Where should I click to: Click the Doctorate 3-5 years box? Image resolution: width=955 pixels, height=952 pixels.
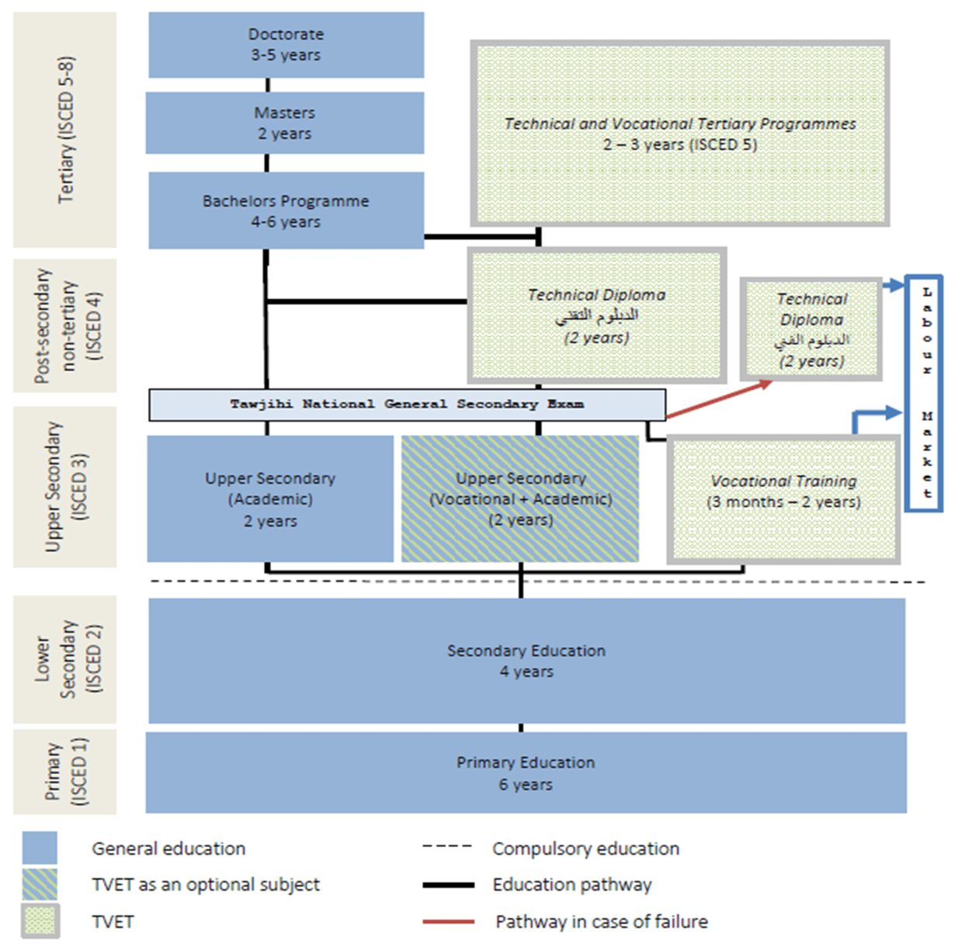[286, 45]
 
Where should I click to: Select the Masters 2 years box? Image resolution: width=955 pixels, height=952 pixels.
[285, 123]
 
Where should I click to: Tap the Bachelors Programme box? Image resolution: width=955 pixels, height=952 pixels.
[286, 210]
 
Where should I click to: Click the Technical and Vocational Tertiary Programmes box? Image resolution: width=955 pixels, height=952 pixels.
[679, 134]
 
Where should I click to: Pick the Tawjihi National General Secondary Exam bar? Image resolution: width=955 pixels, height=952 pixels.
[407, 405]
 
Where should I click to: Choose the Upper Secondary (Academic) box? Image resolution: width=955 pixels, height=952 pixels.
[270, 499]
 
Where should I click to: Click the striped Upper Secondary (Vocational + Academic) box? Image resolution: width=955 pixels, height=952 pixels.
[520, 499]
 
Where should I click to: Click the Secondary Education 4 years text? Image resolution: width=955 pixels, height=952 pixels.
[526, 661]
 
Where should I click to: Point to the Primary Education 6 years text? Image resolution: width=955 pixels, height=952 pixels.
[526, 773]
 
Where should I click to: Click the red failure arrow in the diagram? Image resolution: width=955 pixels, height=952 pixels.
[718, 399]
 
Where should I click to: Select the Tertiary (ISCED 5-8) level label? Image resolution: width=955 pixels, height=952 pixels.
[65, 130]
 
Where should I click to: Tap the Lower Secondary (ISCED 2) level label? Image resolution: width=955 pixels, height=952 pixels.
[65, 659]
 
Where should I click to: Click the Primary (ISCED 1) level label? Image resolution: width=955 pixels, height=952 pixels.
[65, 771]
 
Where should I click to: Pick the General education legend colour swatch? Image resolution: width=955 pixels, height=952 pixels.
[40, 848]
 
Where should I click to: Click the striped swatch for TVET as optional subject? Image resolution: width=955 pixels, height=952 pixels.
[40, 884]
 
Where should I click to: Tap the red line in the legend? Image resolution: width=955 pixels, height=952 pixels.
[448, 922]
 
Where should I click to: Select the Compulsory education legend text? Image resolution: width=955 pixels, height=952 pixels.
[585, 849]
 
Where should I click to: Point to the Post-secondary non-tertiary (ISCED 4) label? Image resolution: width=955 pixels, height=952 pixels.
[65, 325]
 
